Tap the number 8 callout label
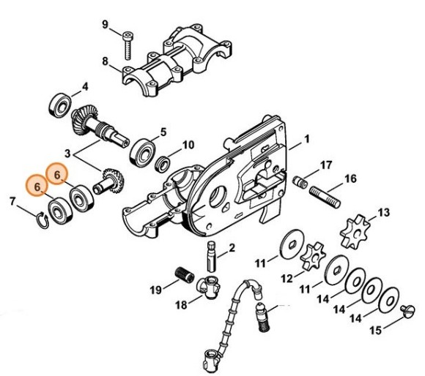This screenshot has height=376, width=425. click(105, 61)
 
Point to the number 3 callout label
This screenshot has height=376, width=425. click(69, 154)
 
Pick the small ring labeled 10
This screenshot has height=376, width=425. click(166, 160)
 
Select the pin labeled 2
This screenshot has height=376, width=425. click(212, 252)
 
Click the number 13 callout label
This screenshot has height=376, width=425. click(382, 213)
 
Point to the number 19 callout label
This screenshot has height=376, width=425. click(155, 290)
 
